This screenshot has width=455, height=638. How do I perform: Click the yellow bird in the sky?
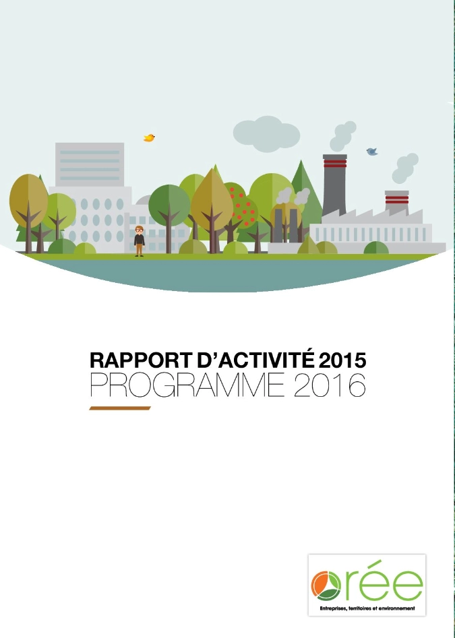[x=149, y=138]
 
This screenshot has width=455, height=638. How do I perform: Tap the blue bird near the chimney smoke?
[x=371, y=152]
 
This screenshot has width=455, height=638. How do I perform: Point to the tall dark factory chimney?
[x=334, y=186]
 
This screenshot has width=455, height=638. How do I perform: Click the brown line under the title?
[x=120, y=408]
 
